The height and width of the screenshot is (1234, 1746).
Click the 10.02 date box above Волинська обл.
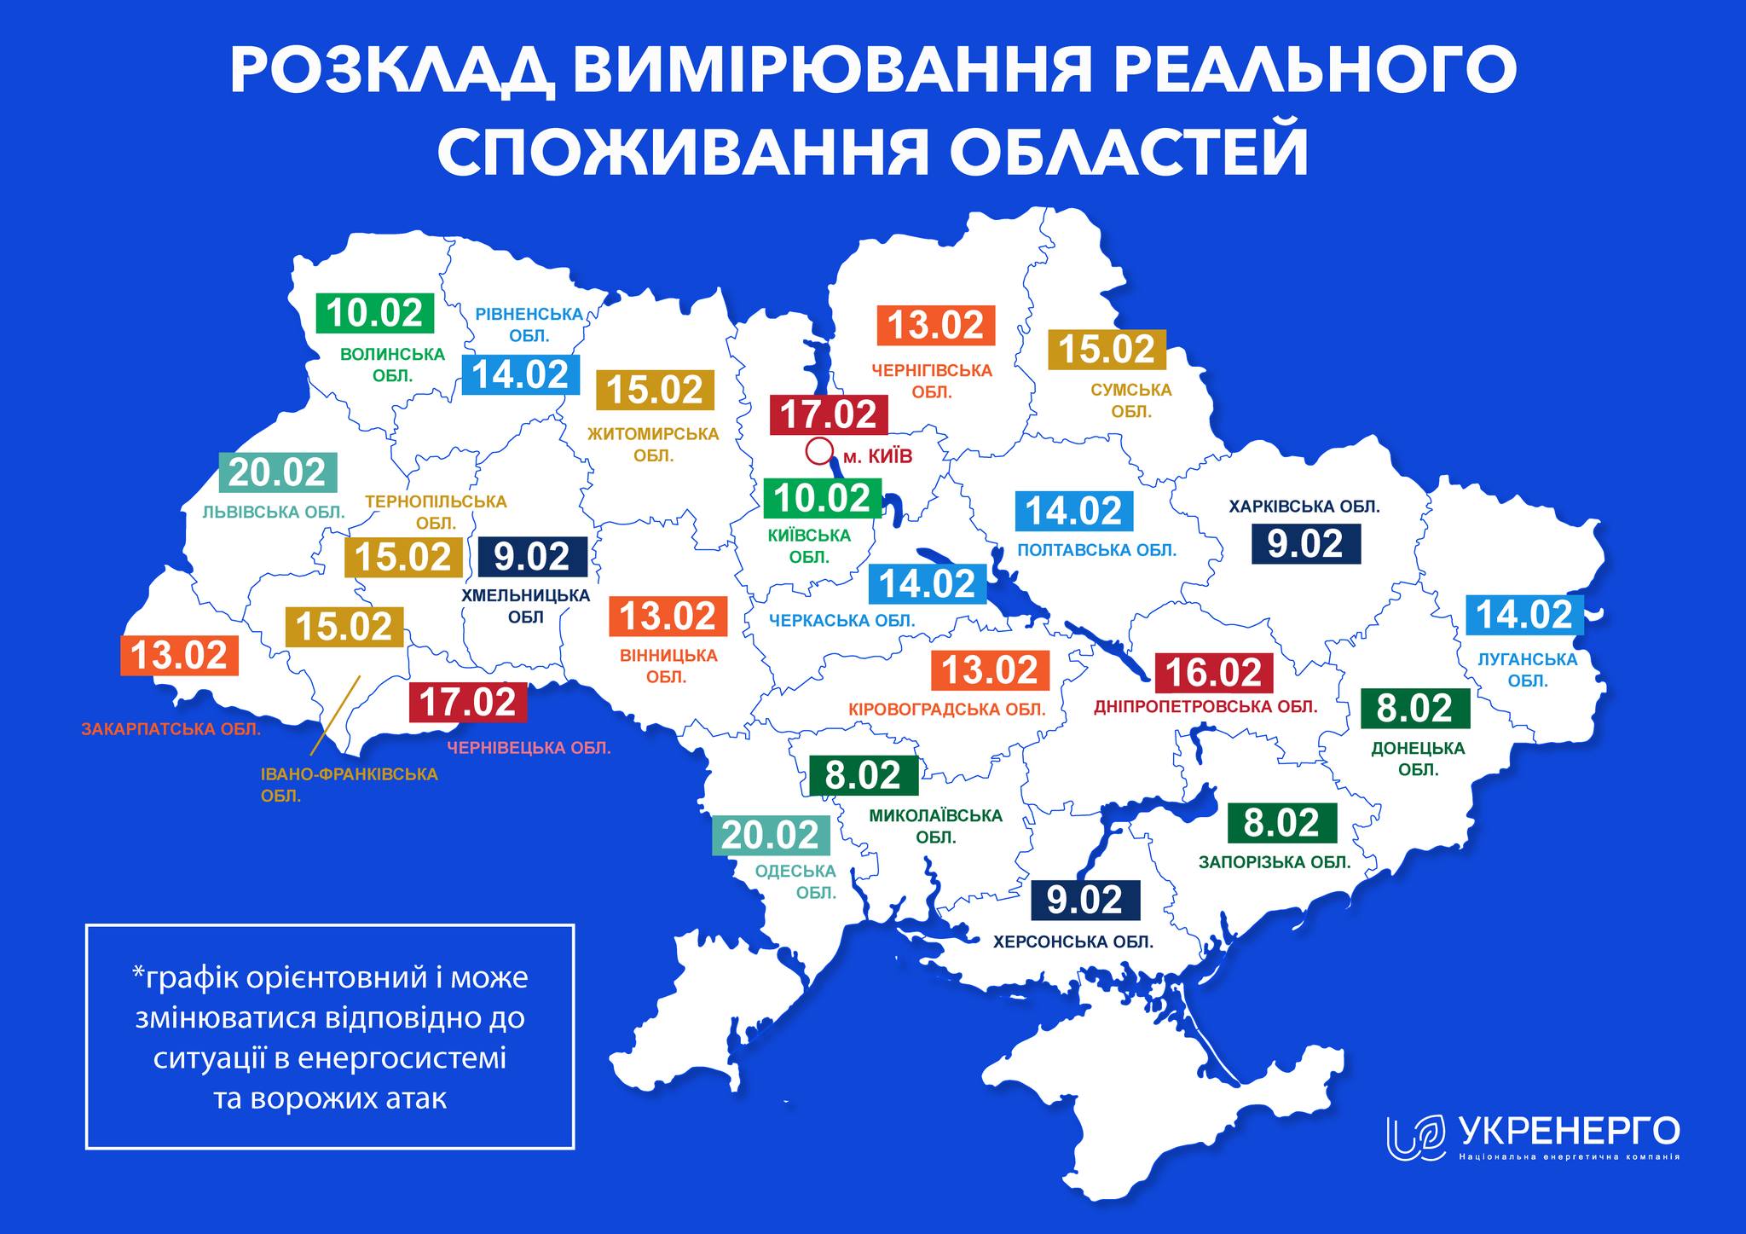click(375, 313)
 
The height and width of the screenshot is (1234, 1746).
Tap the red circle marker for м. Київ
click(818, 450)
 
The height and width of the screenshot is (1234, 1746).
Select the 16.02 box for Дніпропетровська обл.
click(1213, 673)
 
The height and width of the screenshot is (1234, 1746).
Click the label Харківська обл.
click(1304, 507)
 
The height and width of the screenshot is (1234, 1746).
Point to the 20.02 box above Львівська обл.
click(278, 473)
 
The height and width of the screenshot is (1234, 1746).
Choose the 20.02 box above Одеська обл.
click(771, 835)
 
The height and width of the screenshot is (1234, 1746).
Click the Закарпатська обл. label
click(171, 730)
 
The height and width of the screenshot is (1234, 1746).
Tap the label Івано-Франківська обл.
click(348, 785)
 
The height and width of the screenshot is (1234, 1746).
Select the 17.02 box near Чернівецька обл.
click(468, 703)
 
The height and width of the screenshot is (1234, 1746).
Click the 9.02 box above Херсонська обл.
click(1084, 901)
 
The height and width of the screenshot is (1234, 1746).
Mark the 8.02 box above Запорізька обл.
click(1281, 823)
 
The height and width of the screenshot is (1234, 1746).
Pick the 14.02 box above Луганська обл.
click(1523, 615)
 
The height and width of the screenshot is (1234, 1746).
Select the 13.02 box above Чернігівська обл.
click(936, 326)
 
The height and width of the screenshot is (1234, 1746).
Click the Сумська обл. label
click(1131, 401)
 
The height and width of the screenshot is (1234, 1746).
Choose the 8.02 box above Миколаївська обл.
click(863, 775)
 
